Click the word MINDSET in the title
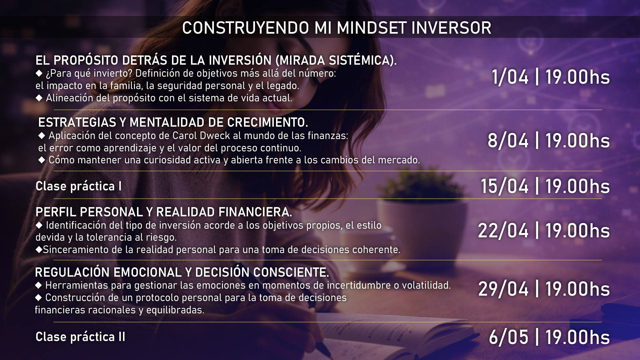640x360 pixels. (372, 28)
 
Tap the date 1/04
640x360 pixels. (510, 77)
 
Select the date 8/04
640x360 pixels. (508, 141)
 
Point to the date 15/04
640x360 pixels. (504, 186)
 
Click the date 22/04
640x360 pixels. (503, 231)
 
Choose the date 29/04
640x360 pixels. (503, 289)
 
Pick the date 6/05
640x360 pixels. (509, 337)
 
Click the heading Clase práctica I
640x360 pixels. (79, 186)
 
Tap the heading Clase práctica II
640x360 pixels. (80, 337)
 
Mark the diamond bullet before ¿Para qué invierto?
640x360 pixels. (39, 73)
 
